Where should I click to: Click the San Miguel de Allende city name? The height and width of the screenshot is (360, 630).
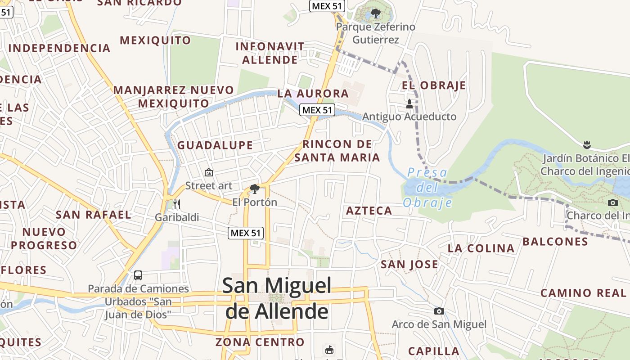(277, 298)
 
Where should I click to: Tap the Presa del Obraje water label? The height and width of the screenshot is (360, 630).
(427, 188)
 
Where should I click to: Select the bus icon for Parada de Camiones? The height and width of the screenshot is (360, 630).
(138, 275)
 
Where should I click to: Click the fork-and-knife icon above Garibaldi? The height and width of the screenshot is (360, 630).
(177, 204)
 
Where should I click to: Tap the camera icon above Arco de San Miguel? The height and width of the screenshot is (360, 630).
(439, 311)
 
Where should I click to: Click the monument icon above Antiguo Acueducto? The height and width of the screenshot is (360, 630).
(409, 104)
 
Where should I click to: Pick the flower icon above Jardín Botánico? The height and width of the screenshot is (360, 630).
(586, 145)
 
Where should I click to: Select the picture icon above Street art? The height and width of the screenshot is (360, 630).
(209, 172)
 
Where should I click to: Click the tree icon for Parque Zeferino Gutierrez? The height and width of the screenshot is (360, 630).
(375, 13)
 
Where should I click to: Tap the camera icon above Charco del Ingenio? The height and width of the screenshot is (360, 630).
(612, 202)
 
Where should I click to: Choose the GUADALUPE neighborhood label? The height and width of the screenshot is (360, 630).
(215, 145)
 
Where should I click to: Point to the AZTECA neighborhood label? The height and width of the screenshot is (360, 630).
(369, 211)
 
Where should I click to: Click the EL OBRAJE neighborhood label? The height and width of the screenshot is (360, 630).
(434, 85)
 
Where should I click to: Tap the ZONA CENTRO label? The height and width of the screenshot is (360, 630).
(260, 342)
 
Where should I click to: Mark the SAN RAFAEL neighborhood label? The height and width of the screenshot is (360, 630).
(94, 215)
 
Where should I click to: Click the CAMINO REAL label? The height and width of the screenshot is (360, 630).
(583, 293)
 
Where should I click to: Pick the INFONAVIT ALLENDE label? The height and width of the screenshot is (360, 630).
(270, 53)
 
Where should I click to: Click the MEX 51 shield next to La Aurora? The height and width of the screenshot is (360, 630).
(317, 110)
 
